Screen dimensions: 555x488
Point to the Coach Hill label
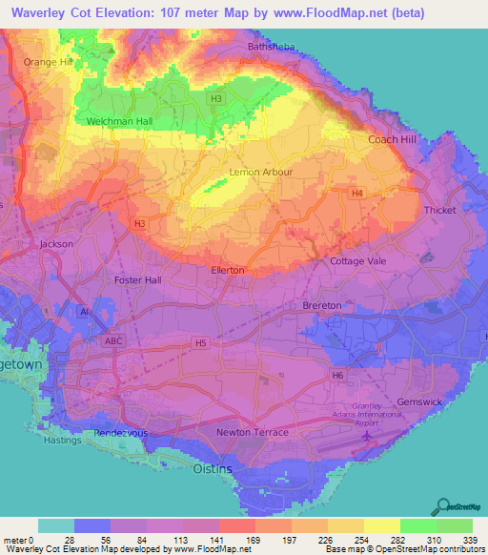pos(392,139)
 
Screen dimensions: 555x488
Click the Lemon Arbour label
pos(260,173)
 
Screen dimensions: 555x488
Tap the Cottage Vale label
pos(357,260)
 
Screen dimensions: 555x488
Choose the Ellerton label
pos(227,270)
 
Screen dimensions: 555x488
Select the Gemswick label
pos(419,401)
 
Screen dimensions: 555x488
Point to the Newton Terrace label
pos(253,433)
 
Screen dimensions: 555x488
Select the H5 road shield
pos(200,342)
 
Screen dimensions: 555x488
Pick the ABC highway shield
pos(113,340)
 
